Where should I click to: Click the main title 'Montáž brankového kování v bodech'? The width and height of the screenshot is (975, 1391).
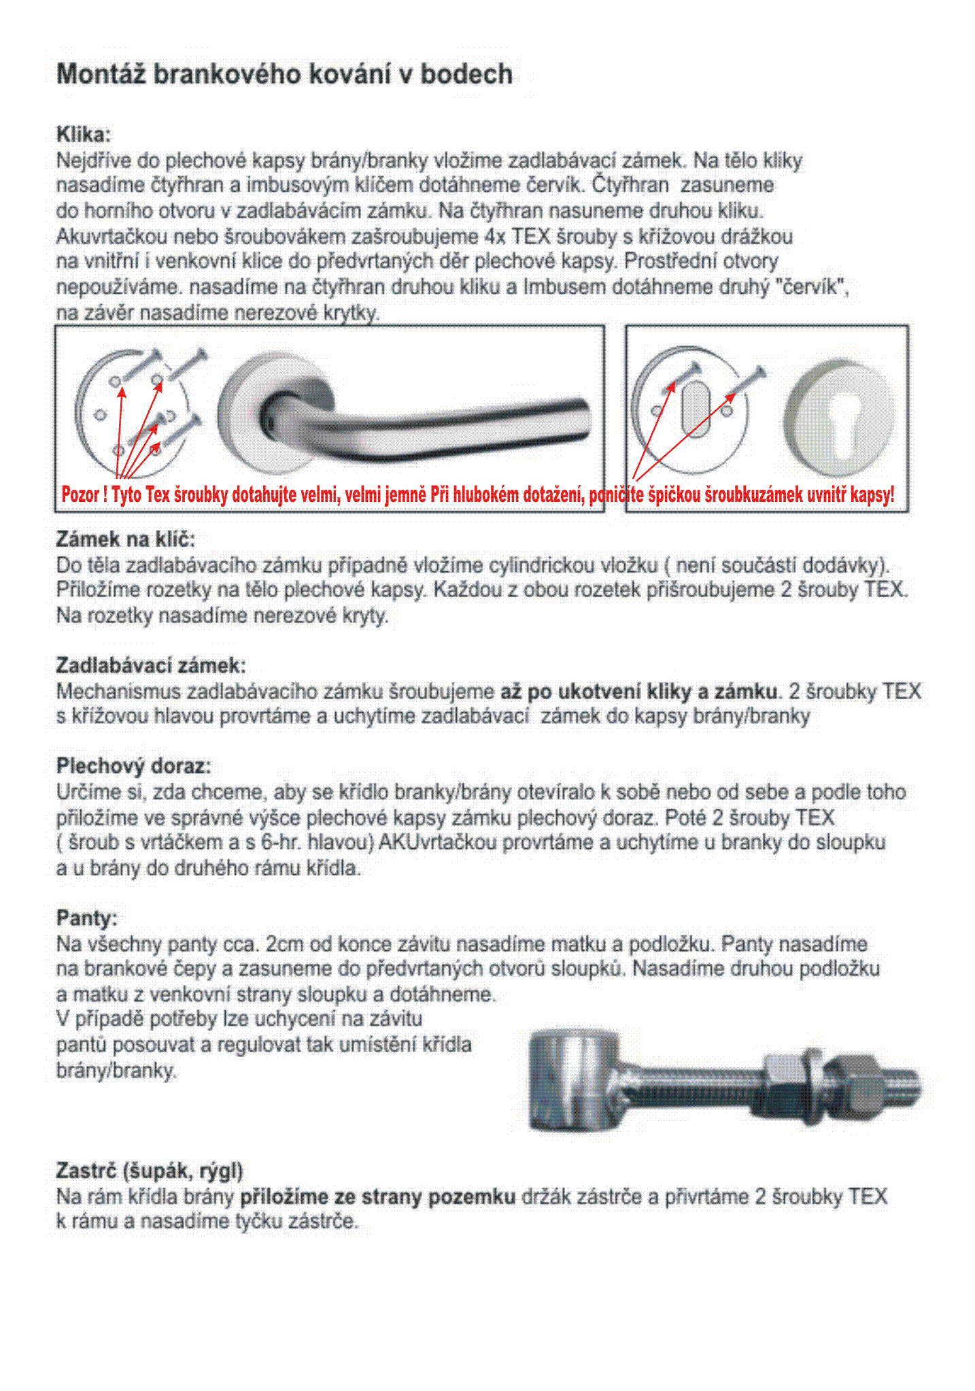pyautogui.click(x=284, y=74)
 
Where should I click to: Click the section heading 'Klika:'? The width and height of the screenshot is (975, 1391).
pyautogui.click(x=83, y=134)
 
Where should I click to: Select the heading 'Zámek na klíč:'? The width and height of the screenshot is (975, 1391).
pyautogui.click(x=125, y=539)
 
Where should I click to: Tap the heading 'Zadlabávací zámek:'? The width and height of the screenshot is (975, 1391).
pyautogui.click(x=151, y=665)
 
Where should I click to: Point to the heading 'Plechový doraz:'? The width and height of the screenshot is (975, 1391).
pyautogui.click(x=133, y=766)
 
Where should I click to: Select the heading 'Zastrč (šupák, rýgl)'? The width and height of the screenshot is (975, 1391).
pyautogui.click(x=150, y=1171)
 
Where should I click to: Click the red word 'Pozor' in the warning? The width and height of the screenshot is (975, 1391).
pyautogui.click(x=80, y=495)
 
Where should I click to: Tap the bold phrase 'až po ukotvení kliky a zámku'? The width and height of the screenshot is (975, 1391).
pyautogui.click(x=638, y=691)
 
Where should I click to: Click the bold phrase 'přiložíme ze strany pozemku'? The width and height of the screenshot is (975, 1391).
pyautogui.click(x=378, y=1196)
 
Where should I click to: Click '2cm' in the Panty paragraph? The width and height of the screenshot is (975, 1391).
pyautogui.click(x=284, y=944)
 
